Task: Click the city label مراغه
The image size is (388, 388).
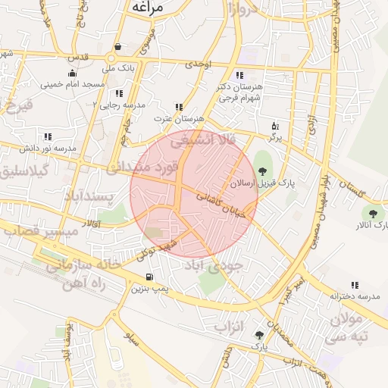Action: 150,7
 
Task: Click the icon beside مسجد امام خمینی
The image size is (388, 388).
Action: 71,74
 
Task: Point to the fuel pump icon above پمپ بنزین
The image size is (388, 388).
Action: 150,277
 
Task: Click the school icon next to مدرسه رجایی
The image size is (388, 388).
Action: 118,93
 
